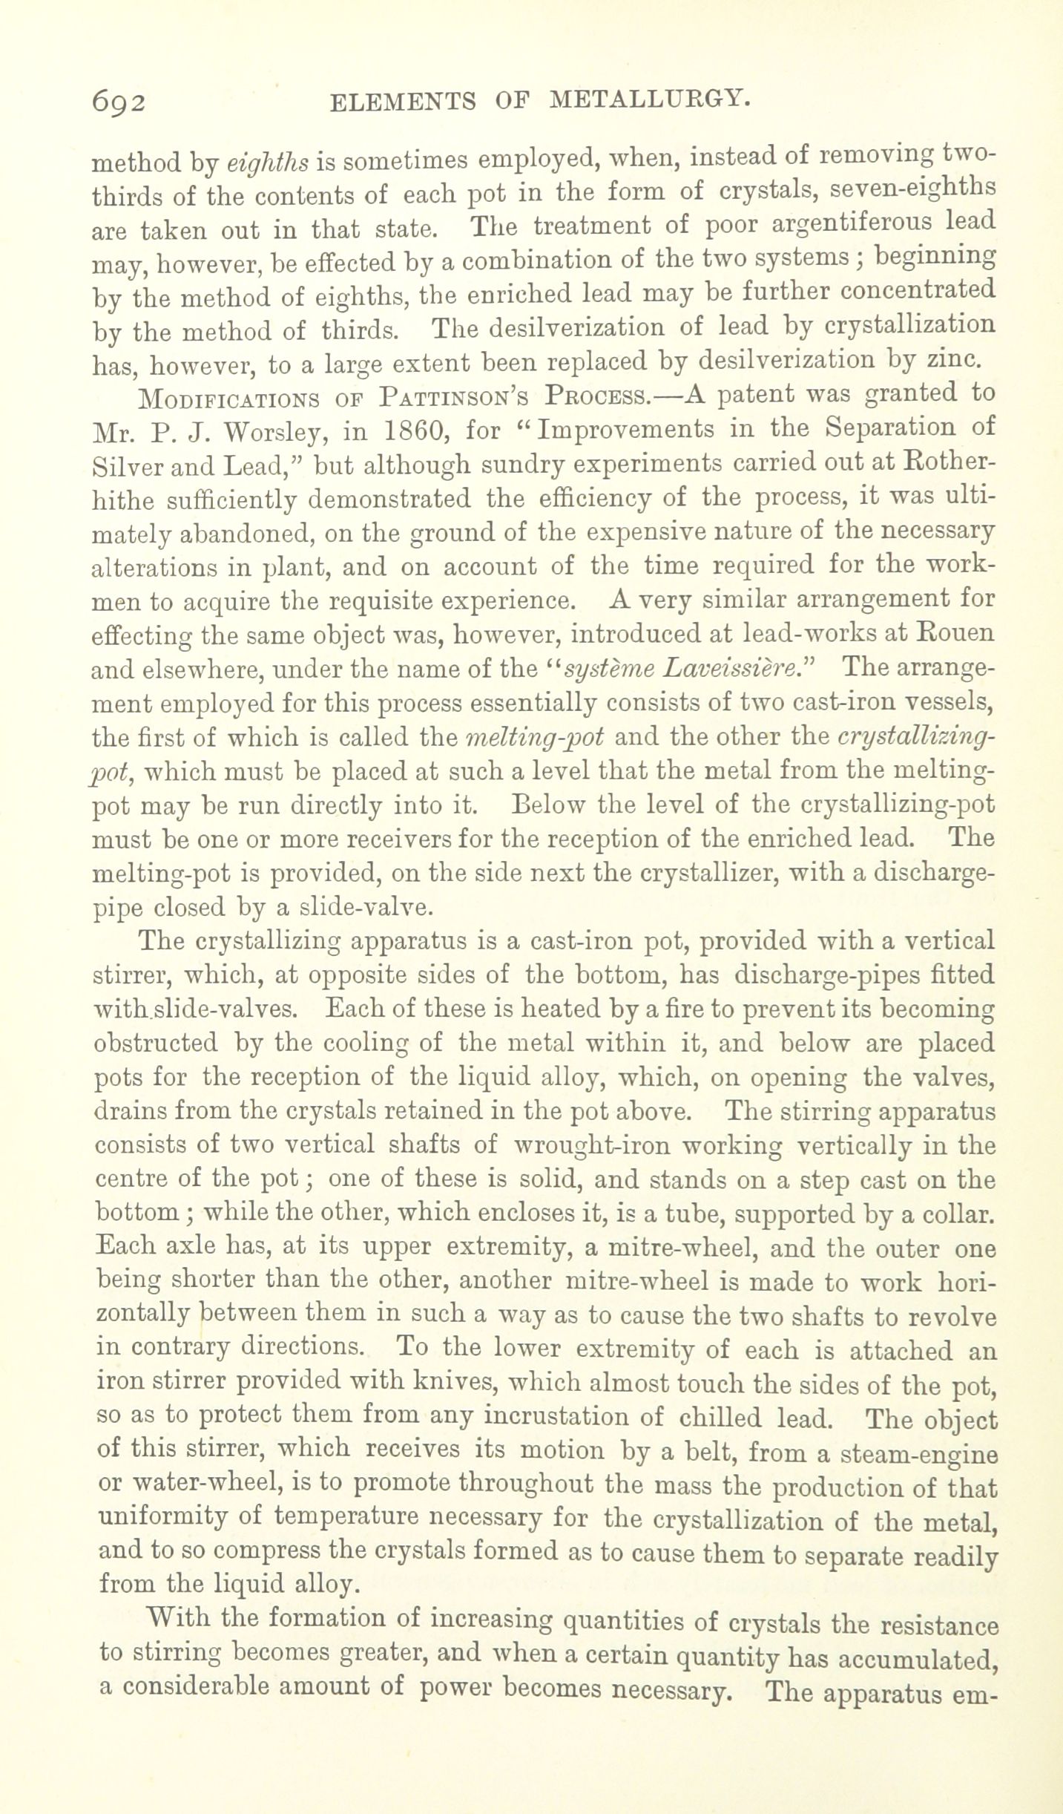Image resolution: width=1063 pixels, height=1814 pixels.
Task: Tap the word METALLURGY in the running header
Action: coord(647,99)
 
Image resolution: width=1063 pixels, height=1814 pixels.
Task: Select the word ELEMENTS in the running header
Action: coord(401,101)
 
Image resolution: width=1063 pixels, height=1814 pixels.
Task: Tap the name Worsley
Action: coord(263,431)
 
